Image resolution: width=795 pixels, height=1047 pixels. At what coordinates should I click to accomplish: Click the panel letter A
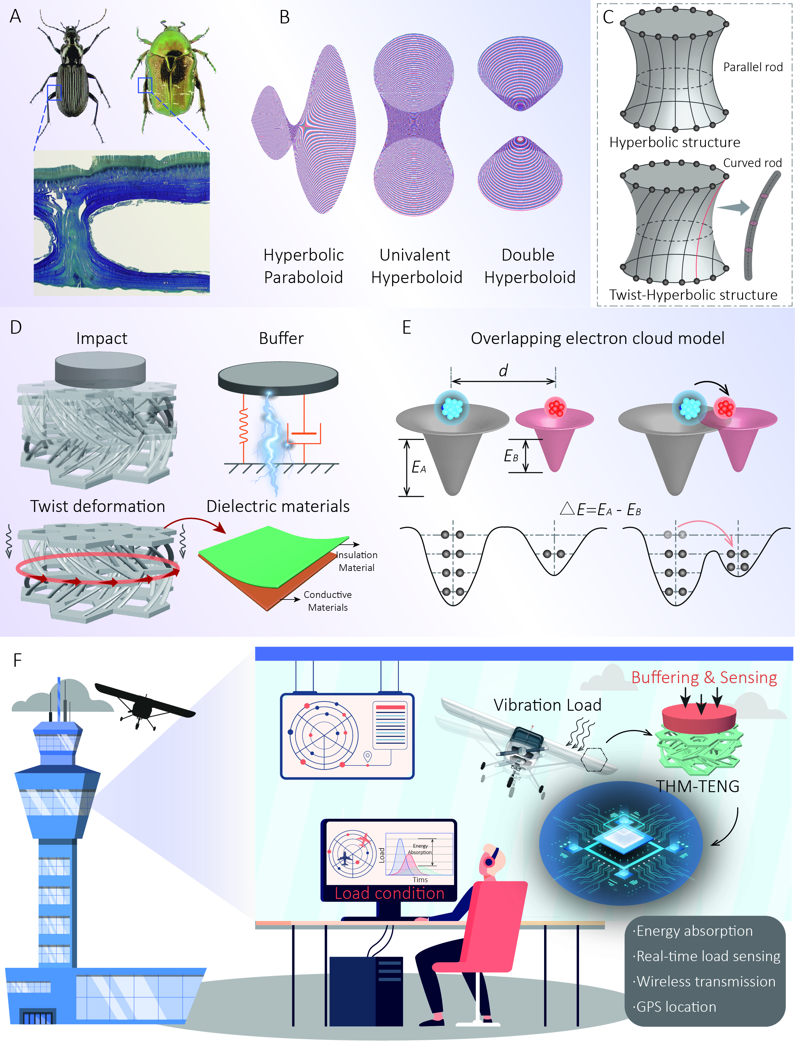click(16, 17)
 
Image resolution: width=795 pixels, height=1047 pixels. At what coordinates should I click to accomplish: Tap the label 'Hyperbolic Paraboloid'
click(303, 266)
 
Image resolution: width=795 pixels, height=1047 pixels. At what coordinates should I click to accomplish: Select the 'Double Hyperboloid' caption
click(529, 266)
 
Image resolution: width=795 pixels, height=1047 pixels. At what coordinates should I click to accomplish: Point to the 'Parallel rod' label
click(752, 67)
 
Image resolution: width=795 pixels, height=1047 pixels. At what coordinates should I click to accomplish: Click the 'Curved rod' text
click(752, 163)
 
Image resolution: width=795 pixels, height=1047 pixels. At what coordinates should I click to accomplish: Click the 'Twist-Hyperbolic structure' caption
click(693, 295)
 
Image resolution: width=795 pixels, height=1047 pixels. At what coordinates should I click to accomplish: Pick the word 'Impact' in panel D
click(102, 339)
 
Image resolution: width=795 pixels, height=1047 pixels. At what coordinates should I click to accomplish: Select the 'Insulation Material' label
click(357, 561)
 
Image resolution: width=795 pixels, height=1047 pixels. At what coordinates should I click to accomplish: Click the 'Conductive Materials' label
click(327, 601)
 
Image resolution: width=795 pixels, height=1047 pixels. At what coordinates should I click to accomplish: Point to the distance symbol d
click(503, 371)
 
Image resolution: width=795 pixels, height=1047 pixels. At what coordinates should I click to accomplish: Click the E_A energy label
click(418, 468)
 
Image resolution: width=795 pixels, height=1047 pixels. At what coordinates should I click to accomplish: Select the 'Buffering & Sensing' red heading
click(704, 677)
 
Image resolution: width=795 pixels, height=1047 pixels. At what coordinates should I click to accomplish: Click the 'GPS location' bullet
click(675, 1007)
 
